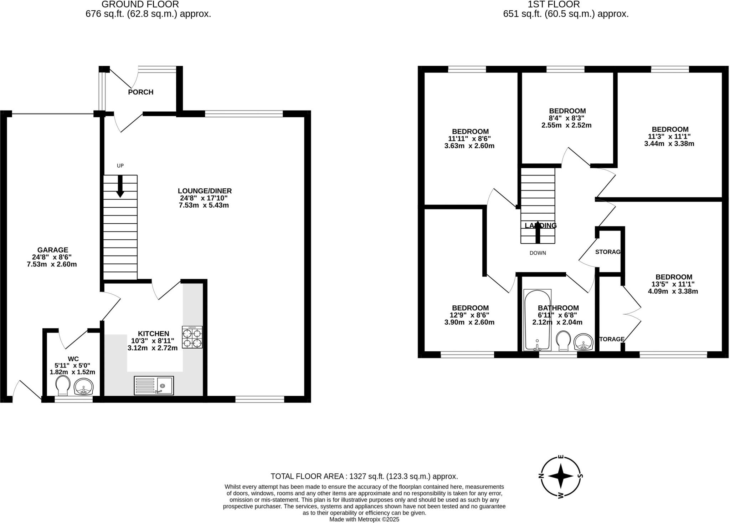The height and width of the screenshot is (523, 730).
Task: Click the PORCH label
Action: (x=140, y=92)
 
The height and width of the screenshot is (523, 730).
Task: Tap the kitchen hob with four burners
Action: (x=192, y=337)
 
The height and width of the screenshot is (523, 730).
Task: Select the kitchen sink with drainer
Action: (x=154, y=386)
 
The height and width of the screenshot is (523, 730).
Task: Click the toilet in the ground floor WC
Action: (x=63, y=386)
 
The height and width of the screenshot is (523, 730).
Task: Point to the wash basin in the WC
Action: (x=84, y=387)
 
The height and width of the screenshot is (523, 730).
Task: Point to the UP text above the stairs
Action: (x=120, y=166)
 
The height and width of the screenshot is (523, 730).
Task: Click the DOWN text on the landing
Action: (x=538, y=253)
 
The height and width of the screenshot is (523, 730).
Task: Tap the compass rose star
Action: (x=560, y=476)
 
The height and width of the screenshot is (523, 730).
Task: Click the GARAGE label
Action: (x=53, y=250)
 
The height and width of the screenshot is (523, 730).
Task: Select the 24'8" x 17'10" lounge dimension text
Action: (x=204, y=198)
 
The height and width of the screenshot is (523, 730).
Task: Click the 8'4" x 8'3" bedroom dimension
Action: (x=567, y=118)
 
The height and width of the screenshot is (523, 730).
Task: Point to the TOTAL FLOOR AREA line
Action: (x=364, y=476)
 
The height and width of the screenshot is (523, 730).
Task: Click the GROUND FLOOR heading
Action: (x=140, y=5)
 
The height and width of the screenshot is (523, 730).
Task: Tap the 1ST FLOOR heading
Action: (x=566, y=5)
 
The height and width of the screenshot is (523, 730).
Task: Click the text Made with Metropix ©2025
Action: (x=364, y=519)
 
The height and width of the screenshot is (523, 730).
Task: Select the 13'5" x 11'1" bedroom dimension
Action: (x=674, y=284)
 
